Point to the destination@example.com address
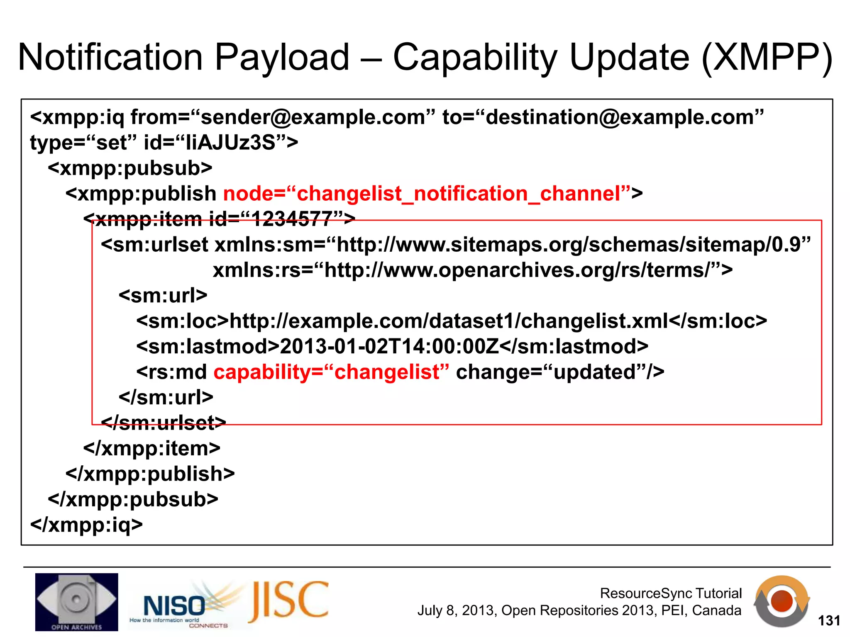tap(620, 117)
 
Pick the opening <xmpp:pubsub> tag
tap(130, 168)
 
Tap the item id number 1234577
tap(292, 219)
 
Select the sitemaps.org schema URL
tap(568, 245)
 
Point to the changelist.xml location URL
tap(448, 321)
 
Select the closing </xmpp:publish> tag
tap(150, 474)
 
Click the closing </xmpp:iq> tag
tap(86, 525)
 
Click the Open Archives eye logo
tap(76, 602)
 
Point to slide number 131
tap(829, 621)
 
